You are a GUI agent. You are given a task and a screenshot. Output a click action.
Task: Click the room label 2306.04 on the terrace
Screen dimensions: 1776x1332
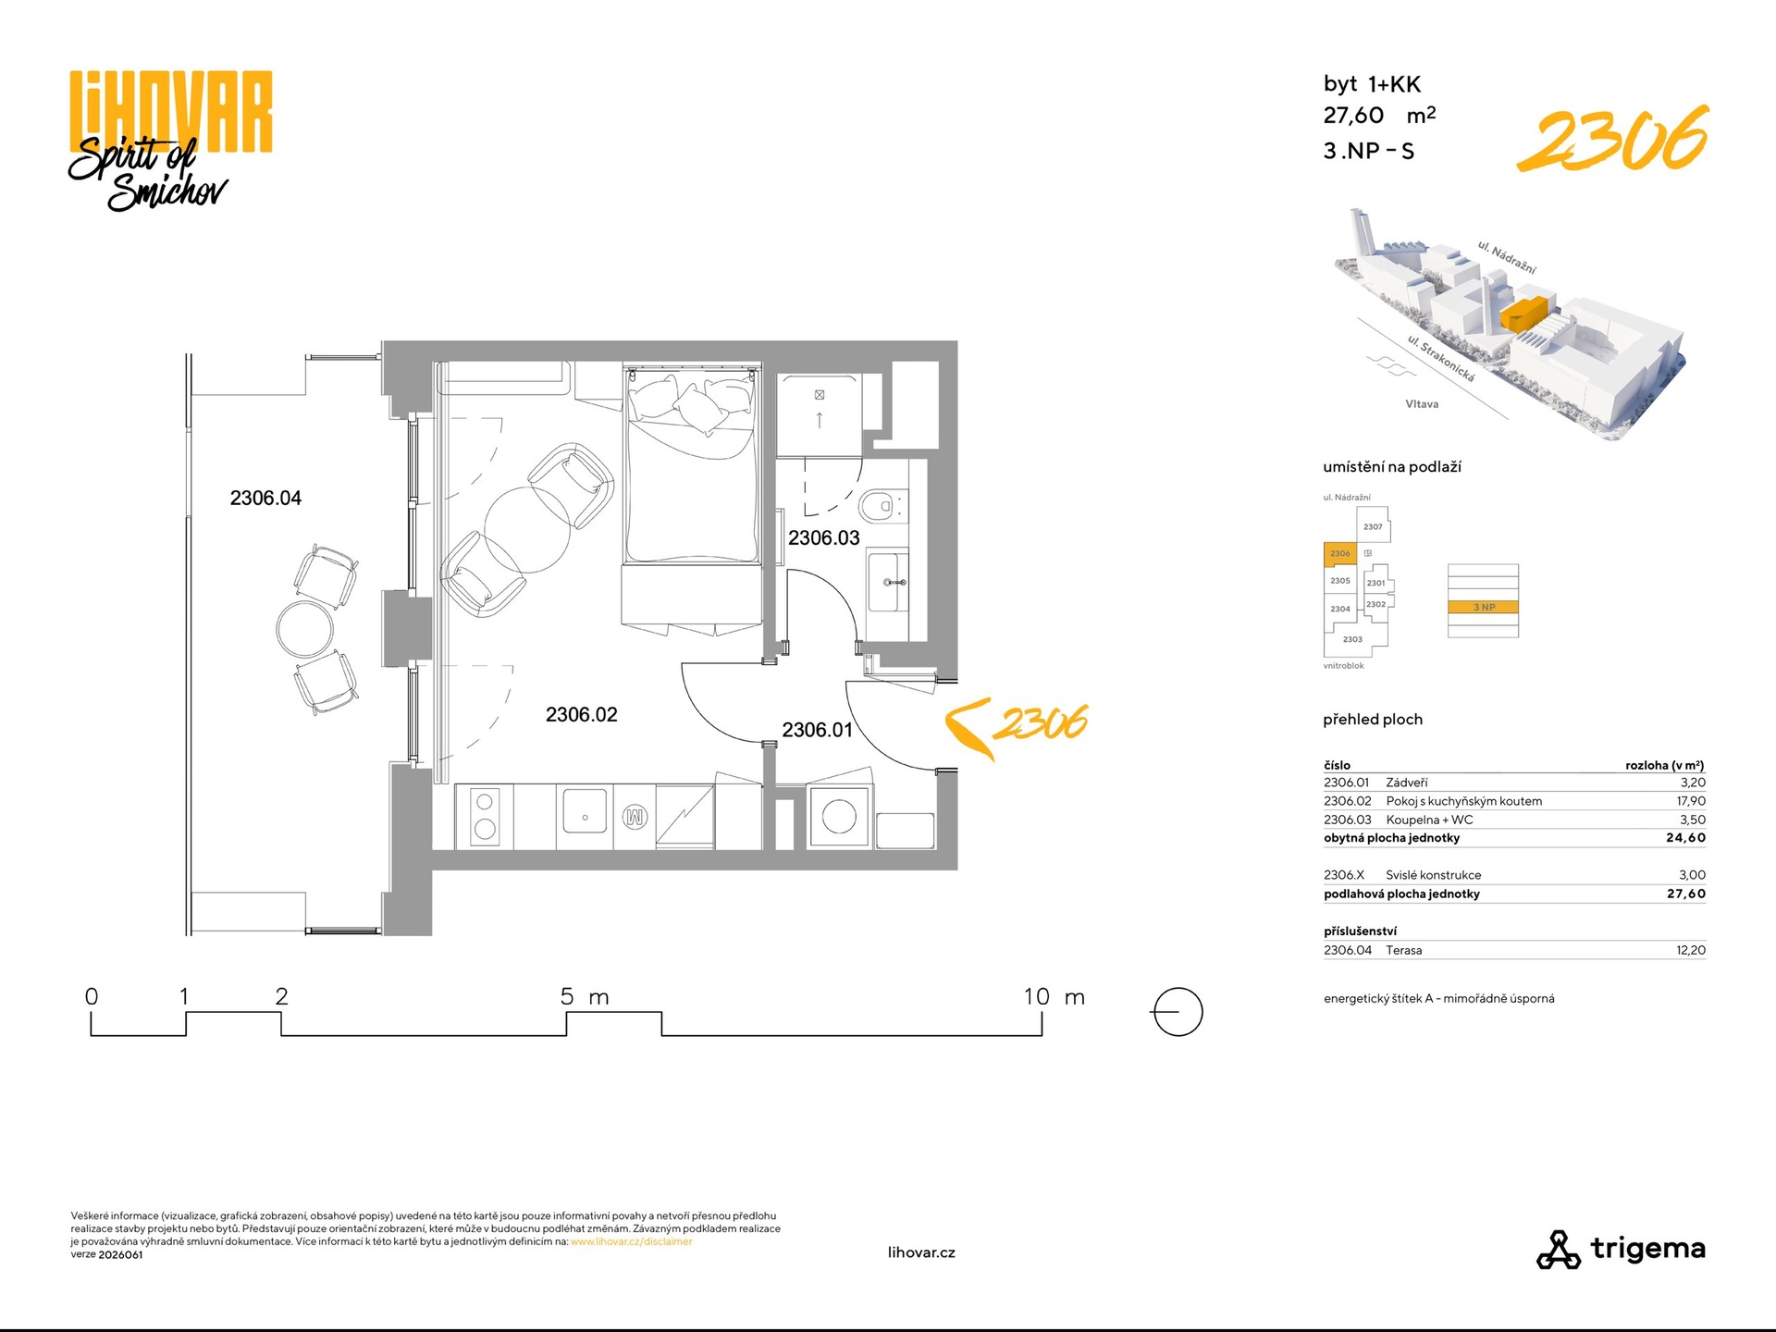[x=265, y=498]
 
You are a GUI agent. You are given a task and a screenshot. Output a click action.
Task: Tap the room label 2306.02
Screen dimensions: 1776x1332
[x=581, y=714]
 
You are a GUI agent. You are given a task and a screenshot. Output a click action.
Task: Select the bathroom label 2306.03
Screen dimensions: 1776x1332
[x=823, y=537]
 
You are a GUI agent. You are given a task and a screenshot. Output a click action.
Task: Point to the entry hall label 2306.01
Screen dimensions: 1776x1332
[x=817, y=730]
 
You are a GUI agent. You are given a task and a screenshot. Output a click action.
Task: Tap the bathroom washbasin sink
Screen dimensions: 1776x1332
[x=888, y=582]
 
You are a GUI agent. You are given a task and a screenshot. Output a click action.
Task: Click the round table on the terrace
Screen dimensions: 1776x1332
[x=304, y=629]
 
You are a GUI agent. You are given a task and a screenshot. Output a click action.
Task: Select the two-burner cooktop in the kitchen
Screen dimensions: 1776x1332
[x=485, y=816]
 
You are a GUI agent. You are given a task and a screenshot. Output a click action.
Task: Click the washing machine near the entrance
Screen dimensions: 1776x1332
[x=839, y=817]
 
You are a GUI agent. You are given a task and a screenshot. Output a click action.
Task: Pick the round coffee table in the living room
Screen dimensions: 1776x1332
[x=526, y=531]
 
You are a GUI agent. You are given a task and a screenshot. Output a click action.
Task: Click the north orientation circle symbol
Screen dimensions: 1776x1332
[x=1178, y=1012]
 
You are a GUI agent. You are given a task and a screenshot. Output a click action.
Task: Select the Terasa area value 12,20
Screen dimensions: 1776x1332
[x=1691, y=950]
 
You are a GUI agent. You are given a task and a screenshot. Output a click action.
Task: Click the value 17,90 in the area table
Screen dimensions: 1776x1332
[x=1691, y=801]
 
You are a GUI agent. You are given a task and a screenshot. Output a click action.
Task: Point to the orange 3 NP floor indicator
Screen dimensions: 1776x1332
[x=1483, y=607]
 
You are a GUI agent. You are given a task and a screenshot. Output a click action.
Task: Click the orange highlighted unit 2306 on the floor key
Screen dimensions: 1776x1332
[x=1340, y=553]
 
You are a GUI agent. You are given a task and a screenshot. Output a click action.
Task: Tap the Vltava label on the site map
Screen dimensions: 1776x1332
[x=1422, y=404]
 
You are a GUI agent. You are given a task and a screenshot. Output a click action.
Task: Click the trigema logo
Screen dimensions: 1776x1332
[x=1621, y=1249]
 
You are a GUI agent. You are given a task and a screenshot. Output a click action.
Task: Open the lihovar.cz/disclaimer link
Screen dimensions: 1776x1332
[x=631, y=1241]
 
